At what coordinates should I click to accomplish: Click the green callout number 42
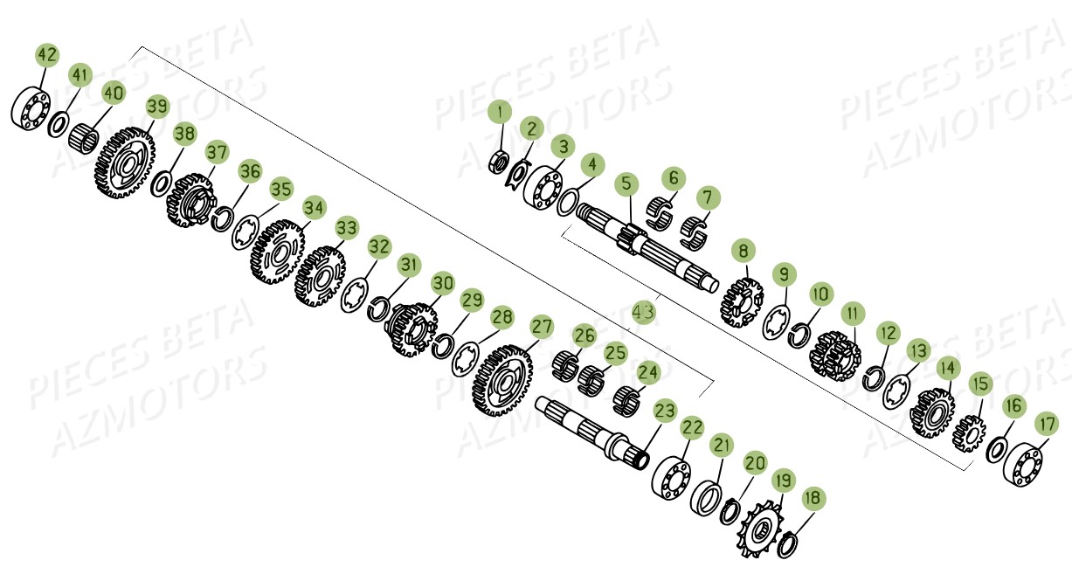(47, 55)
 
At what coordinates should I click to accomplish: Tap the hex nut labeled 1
(499, 162)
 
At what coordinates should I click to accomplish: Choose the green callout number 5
(626, 183)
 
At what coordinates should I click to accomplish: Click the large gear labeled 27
(502, 380)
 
